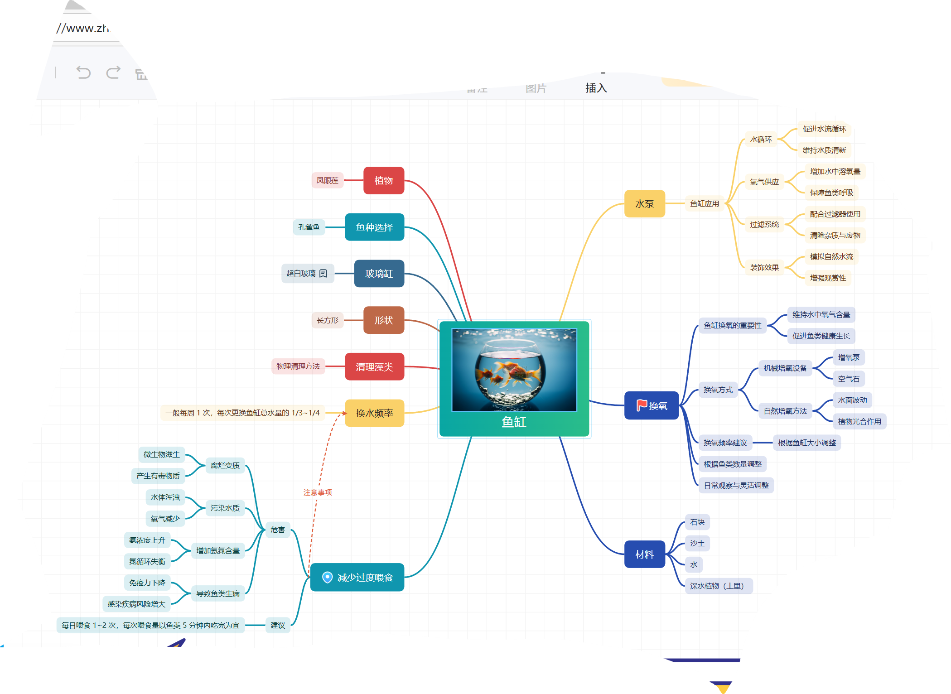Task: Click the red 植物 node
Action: pos(383,180)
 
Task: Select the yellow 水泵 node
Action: pos(644,204)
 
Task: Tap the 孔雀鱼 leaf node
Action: pos(309,227)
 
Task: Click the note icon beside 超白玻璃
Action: pos(323,273)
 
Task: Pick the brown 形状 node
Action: pos(383,320)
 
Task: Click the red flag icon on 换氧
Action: pos(641,405)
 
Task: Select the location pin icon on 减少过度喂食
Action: pos(327,577)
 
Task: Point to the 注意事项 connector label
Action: pos(318,492)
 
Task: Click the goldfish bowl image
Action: pos(514,370)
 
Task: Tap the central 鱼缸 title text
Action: pos(514,422)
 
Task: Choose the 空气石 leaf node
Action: pos(848,379)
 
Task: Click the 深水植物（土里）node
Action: pos(718,586)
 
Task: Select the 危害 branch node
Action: pos(278,530)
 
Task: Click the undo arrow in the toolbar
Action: pos(83,72)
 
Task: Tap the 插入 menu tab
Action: pos(596,88)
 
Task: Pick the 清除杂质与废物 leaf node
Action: pos(835,235)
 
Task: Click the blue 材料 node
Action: pos(644,554)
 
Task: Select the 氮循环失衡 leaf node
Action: pos(147,561)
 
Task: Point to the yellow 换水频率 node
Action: pos(374,413)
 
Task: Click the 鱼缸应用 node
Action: pos(704,204)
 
